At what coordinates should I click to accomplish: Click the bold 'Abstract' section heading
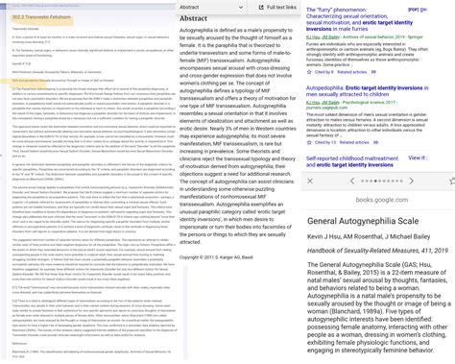(x=193, y=18)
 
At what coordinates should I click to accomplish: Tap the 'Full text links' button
(x=269, y=7)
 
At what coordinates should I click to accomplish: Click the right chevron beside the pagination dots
(x=413, y=181)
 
